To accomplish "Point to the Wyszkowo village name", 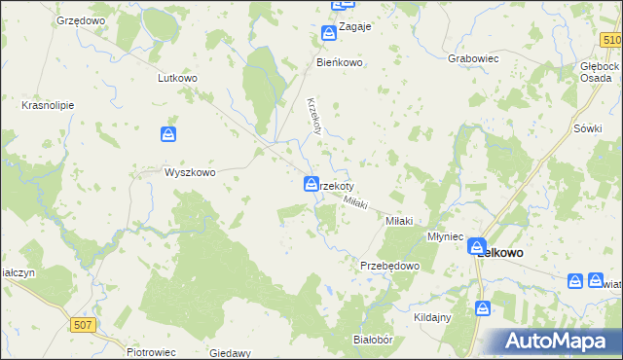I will pos(189,172).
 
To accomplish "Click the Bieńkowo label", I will pos(340,62).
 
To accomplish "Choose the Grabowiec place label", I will pos(473,58).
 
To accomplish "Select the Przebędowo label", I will pos(389,266).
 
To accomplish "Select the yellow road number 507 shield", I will pos(85,326).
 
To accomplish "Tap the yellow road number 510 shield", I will pos(610,38).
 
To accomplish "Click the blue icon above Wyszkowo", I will pos(169,134).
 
